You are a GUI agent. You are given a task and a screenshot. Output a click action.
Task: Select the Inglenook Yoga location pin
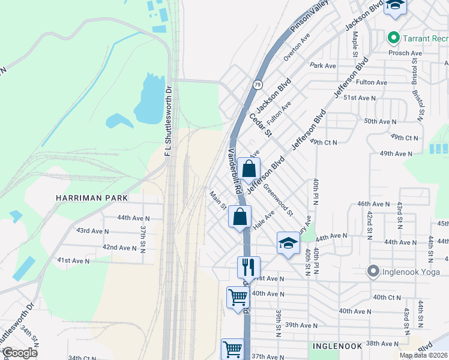tap(373, 272)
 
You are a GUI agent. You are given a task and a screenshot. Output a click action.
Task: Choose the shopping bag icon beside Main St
tap(240, 217)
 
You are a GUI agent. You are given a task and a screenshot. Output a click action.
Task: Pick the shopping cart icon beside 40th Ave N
tap(238, 296)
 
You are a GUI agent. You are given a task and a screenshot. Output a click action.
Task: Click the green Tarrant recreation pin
tap(394, 38)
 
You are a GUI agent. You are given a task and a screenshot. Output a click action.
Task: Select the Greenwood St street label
tap(278, 200)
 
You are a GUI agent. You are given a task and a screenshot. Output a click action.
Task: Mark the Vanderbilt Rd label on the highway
tap(234, 171)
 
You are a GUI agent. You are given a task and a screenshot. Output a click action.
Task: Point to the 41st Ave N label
tap(73, 261)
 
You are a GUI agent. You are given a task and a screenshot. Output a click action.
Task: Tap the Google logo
tap(20, 353)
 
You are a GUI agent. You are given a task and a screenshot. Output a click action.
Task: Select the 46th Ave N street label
tap(373, 205)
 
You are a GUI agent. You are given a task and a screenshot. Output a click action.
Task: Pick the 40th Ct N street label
tap(387, 297)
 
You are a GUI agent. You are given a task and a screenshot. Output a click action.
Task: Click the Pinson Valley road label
tap(310, 16)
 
